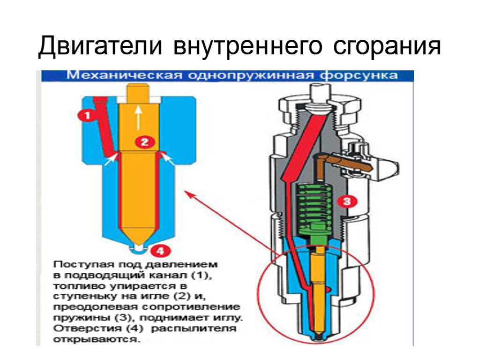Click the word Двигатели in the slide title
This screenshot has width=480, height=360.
pyautogui.click(x=101, y=47)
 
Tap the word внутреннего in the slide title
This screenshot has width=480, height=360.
pyautogui.click(x=247, y=47)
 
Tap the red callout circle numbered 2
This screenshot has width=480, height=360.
pyautogui.click(x=144, y=142)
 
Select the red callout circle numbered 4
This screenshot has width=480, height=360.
pyautogui.click(x=160, y=251)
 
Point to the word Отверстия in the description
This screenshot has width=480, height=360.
pyautogui.click(x=76, y=328)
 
